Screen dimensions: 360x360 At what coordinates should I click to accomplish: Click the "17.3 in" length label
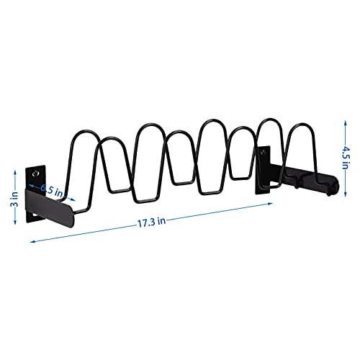tap(151, 222)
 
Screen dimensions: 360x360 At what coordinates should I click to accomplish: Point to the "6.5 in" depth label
tap(52, 190)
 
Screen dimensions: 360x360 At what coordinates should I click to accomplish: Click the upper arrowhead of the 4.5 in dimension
tap(345, 123)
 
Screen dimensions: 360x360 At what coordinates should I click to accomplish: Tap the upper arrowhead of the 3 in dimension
tap(15, 173)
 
